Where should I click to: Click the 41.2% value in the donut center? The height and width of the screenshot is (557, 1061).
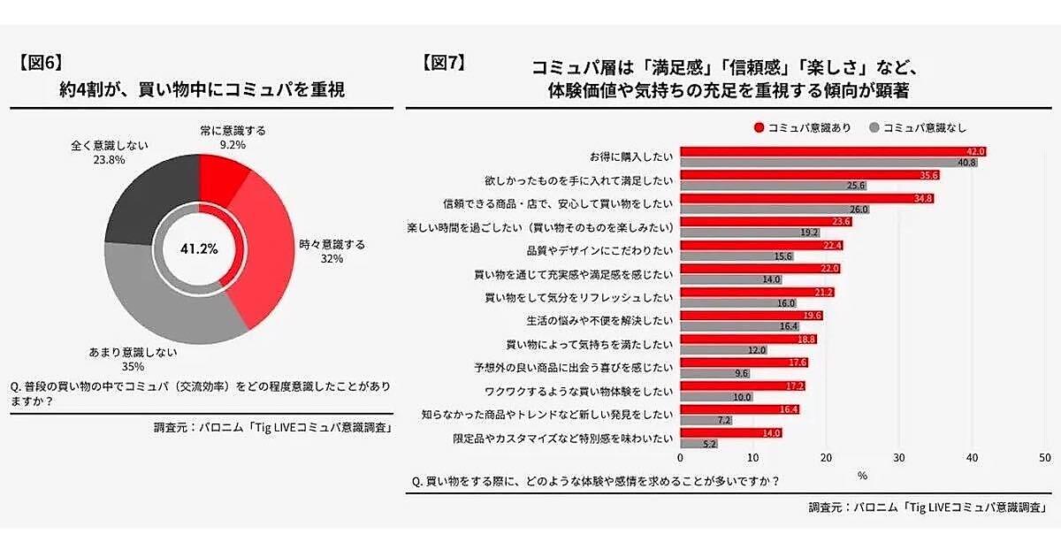pos(199,249)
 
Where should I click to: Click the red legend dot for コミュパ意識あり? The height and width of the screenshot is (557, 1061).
pos(759,127)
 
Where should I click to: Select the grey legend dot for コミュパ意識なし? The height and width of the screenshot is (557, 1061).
pos(874,127)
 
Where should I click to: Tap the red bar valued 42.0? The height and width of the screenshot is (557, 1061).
pos(831,151)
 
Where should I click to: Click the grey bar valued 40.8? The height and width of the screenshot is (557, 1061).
pos(828,163)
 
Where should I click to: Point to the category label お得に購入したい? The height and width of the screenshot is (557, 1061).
pos(631,157)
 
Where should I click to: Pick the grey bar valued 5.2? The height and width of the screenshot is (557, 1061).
pos(698,443)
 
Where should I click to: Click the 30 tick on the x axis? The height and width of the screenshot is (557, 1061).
pos(899,458)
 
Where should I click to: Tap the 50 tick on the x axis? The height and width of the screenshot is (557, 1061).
pos(1044,458)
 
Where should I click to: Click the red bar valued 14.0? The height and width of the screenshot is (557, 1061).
pos(730,432)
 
